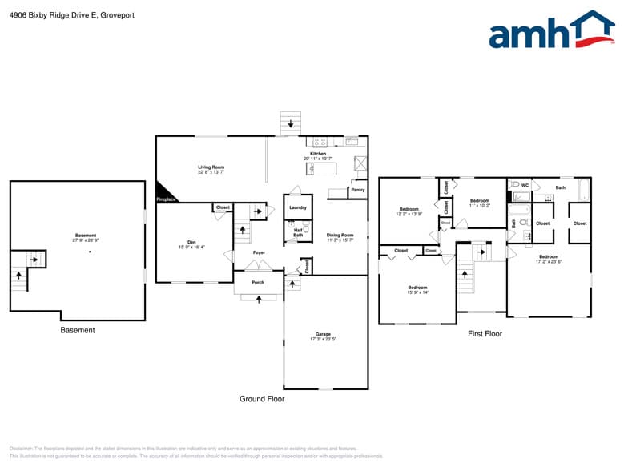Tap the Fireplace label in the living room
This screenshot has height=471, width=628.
click(x=166, y=199)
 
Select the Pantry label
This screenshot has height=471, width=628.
click(x=357, y=190)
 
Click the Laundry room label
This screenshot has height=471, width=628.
click(x=297, y=207)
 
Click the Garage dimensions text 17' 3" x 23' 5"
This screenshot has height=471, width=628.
click(x=323, y=339)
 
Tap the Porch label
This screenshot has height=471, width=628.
click(x=258, y=282)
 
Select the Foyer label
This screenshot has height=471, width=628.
click(x=259, y=252)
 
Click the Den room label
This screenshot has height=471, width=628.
click(x=191, y=243)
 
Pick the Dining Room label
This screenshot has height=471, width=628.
click(x=340, y=235)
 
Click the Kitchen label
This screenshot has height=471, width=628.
click(x=318, y=153)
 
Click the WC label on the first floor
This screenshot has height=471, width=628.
click(x=525, y=185)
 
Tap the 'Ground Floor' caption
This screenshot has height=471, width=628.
click(x=262, y=398)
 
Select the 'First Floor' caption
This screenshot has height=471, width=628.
click(x=485, y=333)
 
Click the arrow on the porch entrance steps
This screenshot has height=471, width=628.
click(x=258, y=299)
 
